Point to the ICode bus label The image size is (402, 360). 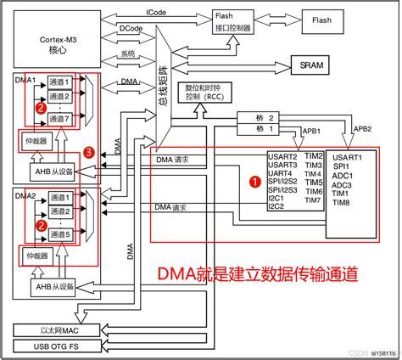point(156,12)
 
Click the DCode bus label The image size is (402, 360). point(131,28)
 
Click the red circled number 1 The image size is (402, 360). point(253,181)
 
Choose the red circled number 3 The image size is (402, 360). point(90,152)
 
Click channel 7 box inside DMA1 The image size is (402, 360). point(60,118)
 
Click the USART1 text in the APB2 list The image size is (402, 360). point(348,156)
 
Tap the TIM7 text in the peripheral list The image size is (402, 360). point(313,200)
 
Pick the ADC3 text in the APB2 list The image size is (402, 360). point(342,184)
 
